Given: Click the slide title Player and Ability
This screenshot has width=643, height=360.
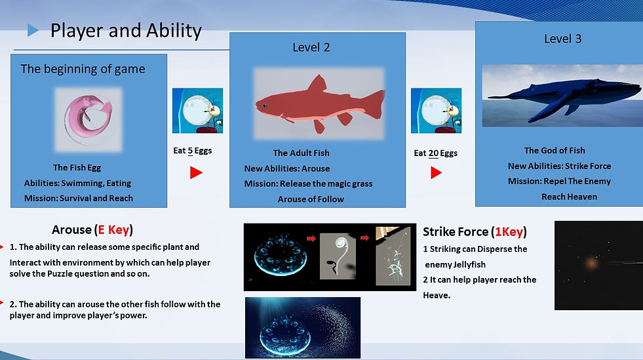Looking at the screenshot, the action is coord(126,31).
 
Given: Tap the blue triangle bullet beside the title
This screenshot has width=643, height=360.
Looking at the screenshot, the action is coord(33,30).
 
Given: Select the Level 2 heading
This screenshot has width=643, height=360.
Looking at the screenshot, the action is coord(311,47).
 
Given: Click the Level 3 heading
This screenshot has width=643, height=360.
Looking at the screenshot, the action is coord(562,39).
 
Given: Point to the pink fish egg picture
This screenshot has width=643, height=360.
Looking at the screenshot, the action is coord(88,119).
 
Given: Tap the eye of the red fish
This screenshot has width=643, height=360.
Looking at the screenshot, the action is coord(265,106).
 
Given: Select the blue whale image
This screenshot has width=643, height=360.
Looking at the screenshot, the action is coord(562,96).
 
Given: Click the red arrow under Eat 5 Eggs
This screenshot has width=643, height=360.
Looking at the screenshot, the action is coord(196,172).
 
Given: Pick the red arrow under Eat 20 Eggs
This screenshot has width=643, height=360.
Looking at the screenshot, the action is coord(436,172).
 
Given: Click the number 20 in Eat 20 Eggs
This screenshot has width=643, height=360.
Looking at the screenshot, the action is coord(433,153).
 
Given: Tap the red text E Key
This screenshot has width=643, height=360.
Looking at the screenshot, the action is coord(113,230).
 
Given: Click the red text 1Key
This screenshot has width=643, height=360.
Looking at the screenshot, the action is coord(509,231).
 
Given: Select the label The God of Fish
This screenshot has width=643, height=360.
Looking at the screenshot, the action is coord(555,150).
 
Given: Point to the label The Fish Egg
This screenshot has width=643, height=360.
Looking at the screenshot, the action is coord(77,168).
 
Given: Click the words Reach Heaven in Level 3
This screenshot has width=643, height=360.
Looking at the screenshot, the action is coord(569,197).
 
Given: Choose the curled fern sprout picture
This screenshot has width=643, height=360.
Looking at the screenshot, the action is coord(338,256).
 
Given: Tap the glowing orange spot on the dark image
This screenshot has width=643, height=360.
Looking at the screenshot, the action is coord(592,262).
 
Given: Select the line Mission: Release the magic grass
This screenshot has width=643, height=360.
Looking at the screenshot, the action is coord(308,184).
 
